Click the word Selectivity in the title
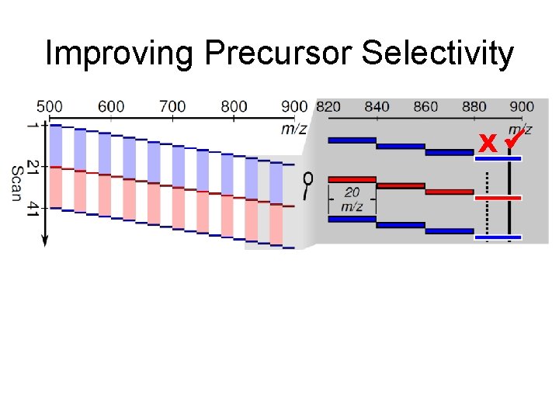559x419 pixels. [437, 54]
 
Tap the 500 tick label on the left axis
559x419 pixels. [50, 106]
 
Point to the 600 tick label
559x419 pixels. [111, 106]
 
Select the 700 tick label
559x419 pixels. [172, 106]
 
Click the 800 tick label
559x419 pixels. [234, 106]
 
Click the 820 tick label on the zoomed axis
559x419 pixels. [328, 106]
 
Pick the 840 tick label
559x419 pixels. [377, 106]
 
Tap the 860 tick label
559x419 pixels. [425, 106]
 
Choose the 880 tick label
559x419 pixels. [474, 106]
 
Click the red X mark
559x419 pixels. [488, 144]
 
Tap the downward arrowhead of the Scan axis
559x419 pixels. [44, 241]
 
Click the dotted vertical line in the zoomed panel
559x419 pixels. [487, 203]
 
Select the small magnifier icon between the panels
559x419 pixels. [307, 184]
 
